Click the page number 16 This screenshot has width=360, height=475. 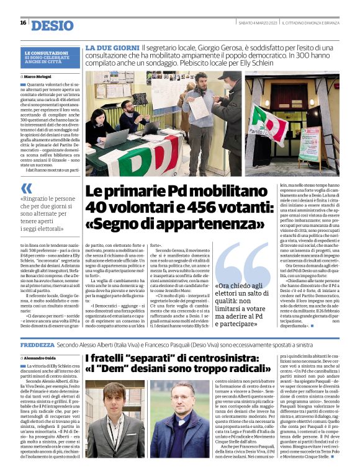(23, 23)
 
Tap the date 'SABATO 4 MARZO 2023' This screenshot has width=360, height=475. (257, 23)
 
